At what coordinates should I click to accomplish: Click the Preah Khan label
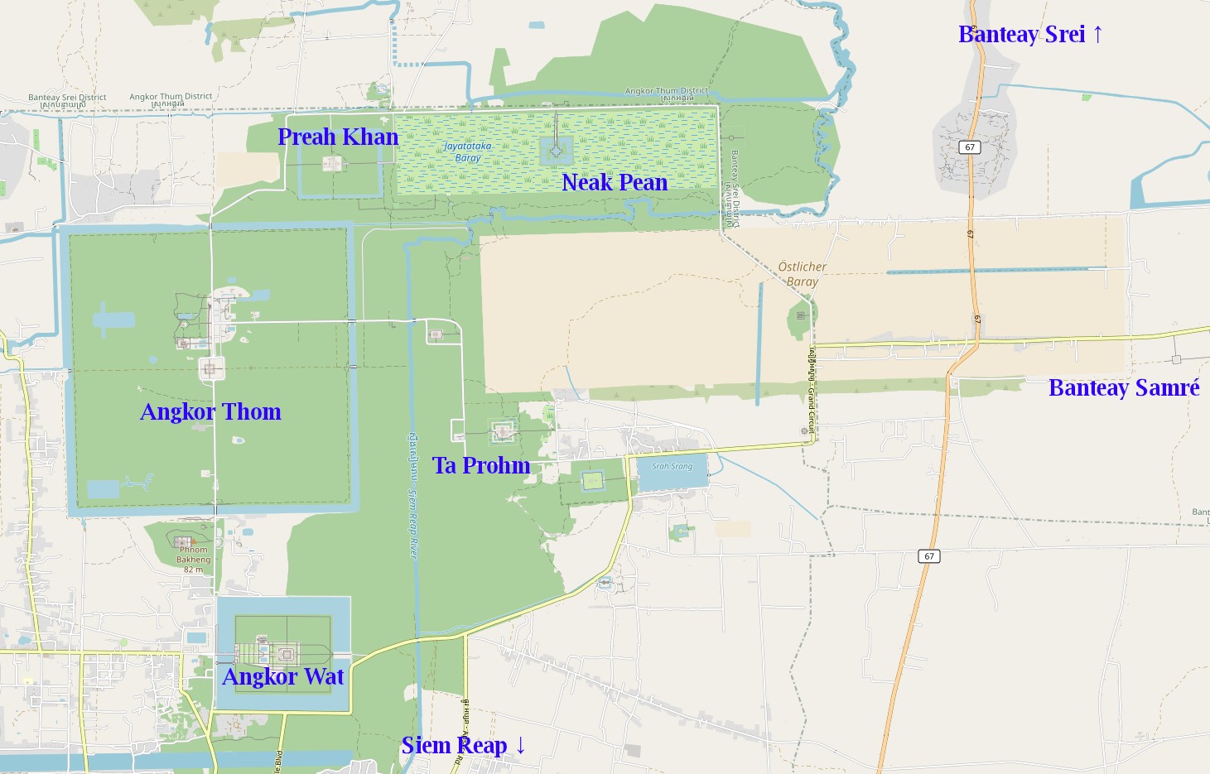pos(338,137)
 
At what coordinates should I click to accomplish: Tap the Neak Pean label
pos(615,182)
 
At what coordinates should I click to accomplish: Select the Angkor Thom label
pos(210,411)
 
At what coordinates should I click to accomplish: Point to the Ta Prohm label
pos(481,465)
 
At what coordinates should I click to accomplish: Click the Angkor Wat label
pos(283,676)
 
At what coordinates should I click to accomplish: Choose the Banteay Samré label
pos(1124,387)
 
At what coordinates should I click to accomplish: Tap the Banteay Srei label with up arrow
pos(1030,34)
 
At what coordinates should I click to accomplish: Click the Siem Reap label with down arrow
pos(463,745)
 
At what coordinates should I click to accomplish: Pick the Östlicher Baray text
pos(802,274)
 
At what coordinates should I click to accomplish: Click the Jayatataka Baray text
pos(468,151)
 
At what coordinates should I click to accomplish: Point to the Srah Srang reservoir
pos(672,472)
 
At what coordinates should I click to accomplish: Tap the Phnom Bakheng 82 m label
pos(193,559)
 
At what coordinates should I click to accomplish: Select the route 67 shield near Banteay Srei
pos(970,147)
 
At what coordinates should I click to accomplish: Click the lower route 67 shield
pos(929,556)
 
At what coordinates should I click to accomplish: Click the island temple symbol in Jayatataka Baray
pos(556,151)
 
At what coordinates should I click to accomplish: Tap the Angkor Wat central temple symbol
pos(287,654)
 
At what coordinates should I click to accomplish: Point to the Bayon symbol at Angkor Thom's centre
pos(210,368)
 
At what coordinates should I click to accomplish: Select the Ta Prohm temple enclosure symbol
pos(503,431)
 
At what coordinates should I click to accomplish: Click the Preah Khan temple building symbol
pos(332,163)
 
